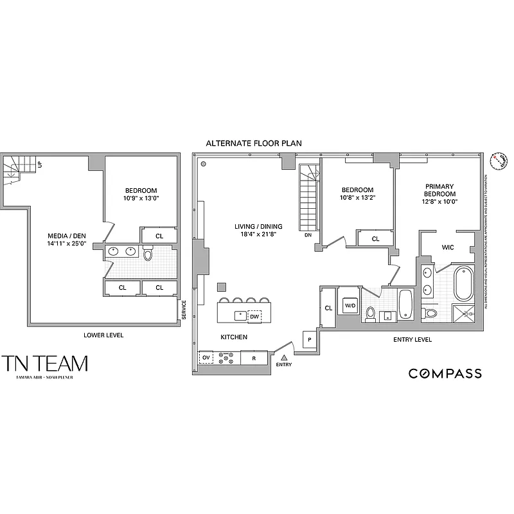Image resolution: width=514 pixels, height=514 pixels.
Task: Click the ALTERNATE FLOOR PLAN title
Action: click(x=253, y=143)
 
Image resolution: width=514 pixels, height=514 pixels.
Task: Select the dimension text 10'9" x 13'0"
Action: click(x=141, y=199)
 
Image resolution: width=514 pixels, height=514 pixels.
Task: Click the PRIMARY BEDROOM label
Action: click(x=439, y=190)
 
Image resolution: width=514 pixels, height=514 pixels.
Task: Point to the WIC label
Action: click(x=448, y=247)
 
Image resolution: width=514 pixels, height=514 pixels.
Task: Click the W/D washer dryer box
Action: click(x=350, y=305)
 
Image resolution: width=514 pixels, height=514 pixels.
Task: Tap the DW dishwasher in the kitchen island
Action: click(x=254, y=316)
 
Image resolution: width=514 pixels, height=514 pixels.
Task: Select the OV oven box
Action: click(x=207, y=357)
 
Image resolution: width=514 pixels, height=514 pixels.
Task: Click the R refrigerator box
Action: click(x=254, y=357)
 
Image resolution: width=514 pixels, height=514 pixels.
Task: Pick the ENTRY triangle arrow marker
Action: click(x=283, y=357)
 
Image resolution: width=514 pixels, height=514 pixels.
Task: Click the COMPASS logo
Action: click(x=445, y=373)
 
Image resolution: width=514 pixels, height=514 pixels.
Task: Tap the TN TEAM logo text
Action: click(x=44, y=364)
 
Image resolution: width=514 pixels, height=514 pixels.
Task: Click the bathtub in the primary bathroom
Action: click(x=462, y=285)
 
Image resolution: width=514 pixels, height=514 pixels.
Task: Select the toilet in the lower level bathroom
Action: click(x=148, y=254)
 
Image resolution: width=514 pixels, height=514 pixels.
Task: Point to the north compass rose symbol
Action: click(x=497, y=160)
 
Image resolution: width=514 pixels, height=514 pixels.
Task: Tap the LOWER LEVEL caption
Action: click(x=103, y=335)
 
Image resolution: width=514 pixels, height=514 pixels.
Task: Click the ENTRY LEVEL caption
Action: click(x=412, y=339)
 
